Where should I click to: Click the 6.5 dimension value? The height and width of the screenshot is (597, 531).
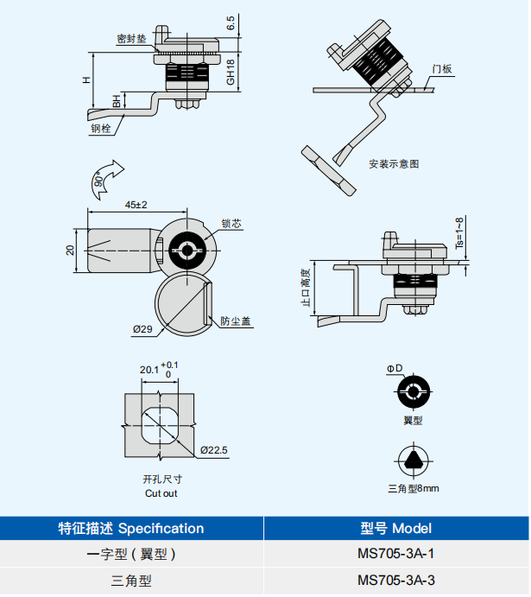tap(231, 23)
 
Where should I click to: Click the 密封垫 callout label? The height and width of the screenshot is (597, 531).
tap(131, 39)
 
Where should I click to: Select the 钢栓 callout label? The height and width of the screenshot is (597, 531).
tap(101, 129)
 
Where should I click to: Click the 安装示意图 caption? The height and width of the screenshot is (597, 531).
tap(394, 163)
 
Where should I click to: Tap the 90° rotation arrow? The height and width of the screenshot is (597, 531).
tap(105, 175)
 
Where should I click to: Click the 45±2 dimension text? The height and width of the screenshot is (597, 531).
tap(136, 205)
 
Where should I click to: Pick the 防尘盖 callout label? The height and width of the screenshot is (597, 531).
tap(234, 320)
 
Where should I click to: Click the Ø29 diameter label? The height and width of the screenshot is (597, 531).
tap(142, 330)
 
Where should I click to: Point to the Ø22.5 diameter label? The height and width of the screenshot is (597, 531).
tap(213, 450)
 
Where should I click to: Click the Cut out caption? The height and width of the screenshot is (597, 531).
tap(161, 493)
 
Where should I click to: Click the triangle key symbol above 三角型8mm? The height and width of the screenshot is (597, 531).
tap(413, 460)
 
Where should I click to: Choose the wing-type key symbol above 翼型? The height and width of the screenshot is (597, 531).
tap(413, 394)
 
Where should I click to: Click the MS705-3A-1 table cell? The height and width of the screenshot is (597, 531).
tap(395, 554)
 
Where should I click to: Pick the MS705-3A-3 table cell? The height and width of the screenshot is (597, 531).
tap(395, 581)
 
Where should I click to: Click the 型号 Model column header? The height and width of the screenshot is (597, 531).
tap(395, 528)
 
